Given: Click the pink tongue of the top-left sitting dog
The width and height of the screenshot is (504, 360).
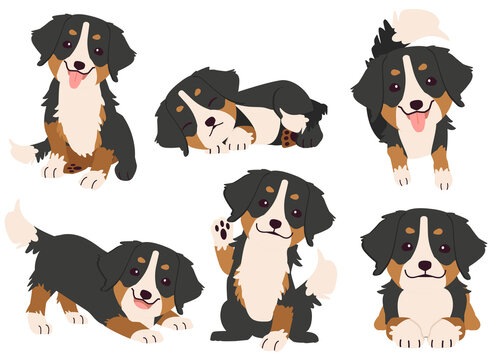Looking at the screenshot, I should click(x=75, y=78).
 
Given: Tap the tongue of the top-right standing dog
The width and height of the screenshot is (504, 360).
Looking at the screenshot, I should click(x=417, y=121).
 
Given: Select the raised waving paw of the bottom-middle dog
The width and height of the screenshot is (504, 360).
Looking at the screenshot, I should click(x=225, y=231).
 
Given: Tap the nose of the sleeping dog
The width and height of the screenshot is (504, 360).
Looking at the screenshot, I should click(x=211, y=126).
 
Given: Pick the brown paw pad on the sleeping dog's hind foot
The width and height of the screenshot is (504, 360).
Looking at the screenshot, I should click(x=289, y=135).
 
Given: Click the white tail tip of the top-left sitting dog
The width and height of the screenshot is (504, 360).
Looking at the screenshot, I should click(x=21, y=153).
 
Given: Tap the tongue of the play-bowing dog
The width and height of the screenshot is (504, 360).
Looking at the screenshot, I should click(x=142, y=303).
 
